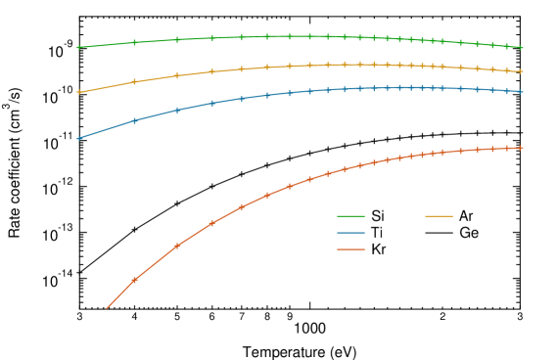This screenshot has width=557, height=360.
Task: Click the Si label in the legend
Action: click(378, 215)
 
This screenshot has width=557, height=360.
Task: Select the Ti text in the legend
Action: click(377, 233)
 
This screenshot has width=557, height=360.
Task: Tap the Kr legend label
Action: click(379, 250)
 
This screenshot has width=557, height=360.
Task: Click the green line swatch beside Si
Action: click(350, 215)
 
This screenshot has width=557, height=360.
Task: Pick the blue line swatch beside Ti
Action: click(350, 233)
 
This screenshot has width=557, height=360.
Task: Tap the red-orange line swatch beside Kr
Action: click(350, 250)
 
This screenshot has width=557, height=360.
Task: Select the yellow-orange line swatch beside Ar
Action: click(440, 215)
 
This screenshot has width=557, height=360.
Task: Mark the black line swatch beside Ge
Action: click(440, 233)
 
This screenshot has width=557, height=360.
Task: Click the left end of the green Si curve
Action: click(78, 47)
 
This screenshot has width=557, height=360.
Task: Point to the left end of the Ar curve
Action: click(78, 92)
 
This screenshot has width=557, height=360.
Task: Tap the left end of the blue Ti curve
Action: click(78, 138)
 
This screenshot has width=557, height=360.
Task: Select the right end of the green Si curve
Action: click(523, 47)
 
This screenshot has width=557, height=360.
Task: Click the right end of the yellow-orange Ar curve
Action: click(523, 71)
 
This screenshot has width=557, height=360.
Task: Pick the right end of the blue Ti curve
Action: click(523, 91)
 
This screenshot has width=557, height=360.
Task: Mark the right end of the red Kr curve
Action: click(523, 148)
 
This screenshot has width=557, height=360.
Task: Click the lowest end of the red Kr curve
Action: click(107, 308)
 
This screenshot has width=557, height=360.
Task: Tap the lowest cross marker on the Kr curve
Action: click(134, 280)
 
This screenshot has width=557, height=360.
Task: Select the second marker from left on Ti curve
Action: click(134, 120)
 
